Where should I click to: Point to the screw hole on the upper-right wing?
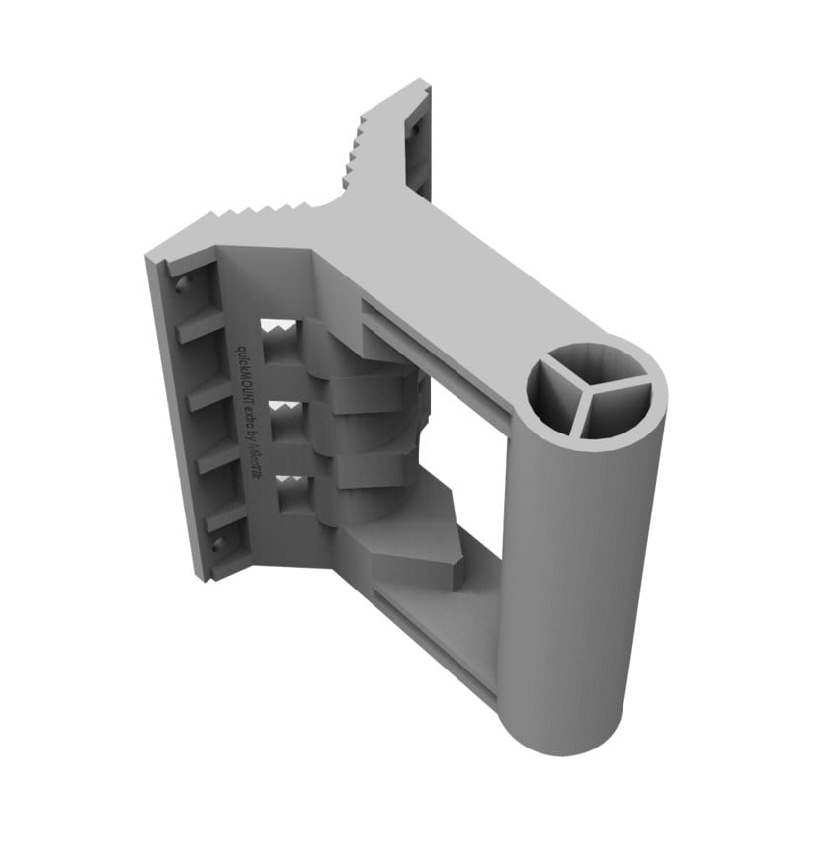pos(416,125)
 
